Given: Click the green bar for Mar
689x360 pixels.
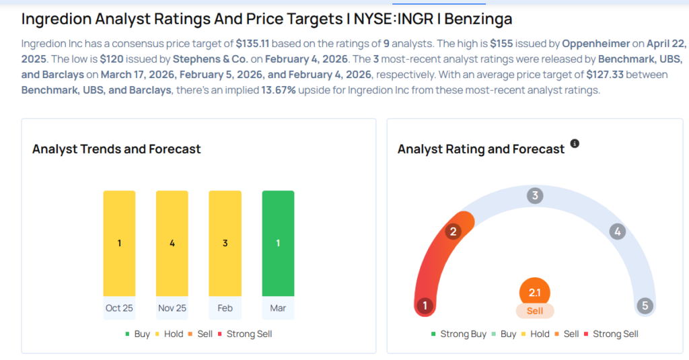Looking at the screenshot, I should [x=278, y=243].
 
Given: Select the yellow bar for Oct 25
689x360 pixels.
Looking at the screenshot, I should [x=119, y=243].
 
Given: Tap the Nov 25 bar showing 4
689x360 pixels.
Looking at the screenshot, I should [x=172, y=243].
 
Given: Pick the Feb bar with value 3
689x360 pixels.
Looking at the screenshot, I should [x=225, y=243].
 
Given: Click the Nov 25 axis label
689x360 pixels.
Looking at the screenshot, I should [x=172, y=308].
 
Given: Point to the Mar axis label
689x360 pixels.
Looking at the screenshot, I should [x=278, y=308].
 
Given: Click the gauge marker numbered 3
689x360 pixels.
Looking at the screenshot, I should [x=535, y=196].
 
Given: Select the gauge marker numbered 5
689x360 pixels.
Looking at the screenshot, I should [x=645, y=305].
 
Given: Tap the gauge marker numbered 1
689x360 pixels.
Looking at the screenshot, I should [x=425, y=305].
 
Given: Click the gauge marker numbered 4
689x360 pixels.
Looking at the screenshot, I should [x=616, y=232].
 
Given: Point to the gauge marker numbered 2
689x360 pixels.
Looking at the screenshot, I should [x=454, y=232].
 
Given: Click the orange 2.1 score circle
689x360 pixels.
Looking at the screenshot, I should [x=535, y=293].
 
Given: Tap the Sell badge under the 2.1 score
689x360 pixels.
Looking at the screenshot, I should [x=535, y=311].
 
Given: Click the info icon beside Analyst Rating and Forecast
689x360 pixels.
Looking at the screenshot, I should [x=575, y=144].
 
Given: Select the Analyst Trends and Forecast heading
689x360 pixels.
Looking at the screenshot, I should [x=116, y=149].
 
